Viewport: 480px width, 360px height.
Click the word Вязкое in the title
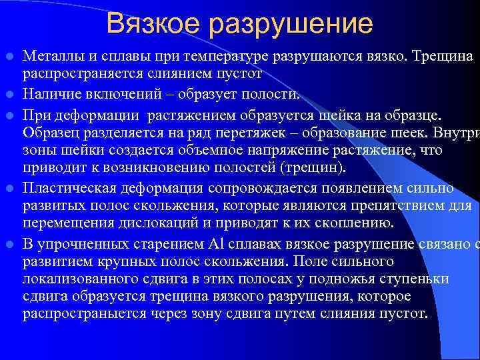tap(151, 24)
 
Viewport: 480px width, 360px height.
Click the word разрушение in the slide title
tap(291, 25)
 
